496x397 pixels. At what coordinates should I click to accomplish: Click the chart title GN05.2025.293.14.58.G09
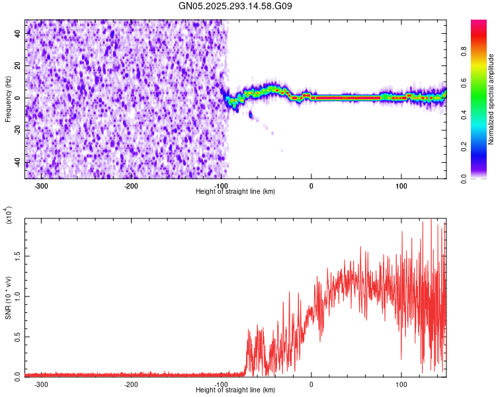tap(235, 7)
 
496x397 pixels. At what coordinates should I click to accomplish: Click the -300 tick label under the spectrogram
tap(41, 186)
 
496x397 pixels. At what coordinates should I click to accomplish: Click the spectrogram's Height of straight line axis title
tap(235, 192)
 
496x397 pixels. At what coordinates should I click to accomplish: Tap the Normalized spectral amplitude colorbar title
tap(491, 99)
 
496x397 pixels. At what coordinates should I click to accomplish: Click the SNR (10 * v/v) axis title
tap(8, 298)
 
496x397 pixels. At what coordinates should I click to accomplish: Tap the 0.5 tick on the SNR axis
tap(17, 336)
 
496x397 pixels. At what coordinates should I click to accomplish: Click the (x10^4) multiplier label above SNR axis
tap(9, 215)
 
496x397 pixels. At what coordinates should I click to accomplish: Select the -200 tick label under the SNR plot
tap(131, 384)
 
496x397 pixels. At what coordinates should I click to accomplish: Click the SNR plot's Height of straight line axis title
tap(235, 390)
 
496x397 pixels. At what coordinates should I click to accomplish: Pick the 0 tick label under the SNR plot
tap(311, 384)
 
